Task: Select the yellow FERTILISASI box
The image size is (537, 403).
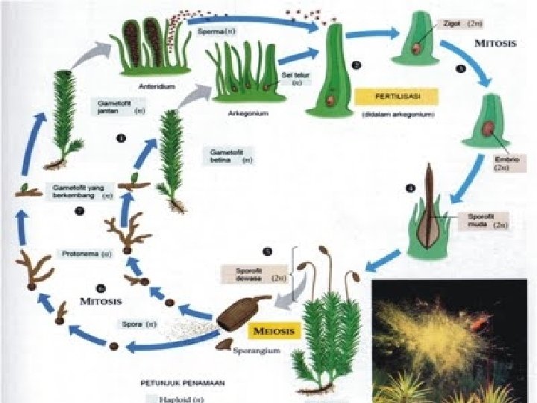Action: click(x=395, y=97)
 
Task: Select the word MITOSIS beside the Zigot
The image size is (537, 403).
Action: click(x=496, y=43)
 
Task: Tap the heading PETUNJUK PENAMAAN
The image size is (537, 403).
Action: click(x=183, y=381)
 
